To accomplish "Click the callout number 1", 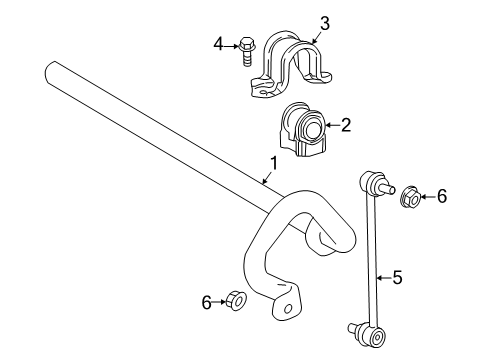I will pyautogui.click(x=272, y=163).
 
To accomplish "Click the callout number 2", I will pyautogui.click(x=345, y=125).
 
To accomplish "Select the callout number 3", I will pyautogui.click(x=324, y=23).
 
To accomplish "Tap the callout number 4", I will pyautogui.click(x=219, y=43).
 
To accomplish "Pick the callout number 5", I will pyautogui.click(x=397, y=278).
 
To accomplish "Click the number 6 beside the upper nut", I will pyautogui.click(x=441, y=198).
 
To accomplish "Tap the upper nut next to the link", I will pyautogui.click(x=409, y=198).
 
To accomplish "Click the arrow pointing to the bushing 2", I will pyautogui.click(x=331, y=125).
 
